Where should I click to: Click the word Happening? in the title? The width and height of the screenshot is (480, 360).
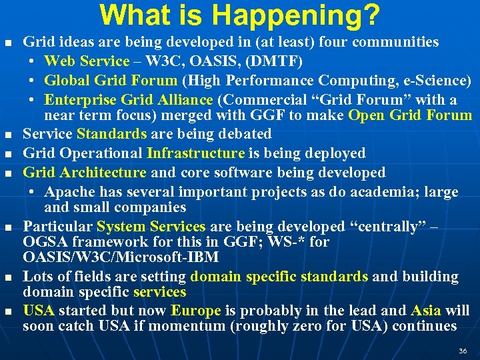305,15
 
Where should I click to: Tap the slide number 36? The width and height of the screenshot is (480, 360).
463,351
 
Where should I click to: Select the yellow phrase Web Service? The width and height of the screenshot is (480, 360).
87,61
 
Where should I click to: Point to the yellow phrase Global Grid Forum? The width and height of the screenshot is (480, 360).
111,81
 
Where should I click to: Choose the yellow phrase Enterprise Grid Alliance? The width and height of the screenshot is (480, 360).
128,100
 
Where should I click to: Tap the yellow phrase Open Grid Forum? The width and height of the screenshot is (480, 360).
410,115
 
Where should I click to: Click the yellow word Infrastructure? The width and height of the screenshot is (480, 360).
195,153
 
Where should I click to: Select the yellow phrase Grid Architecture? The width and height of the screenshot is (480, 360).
84,173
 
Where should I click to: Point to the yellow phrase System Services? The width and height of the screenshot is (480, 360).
151,227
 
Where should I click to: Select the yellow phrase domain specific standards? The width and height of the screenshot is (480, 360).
279,276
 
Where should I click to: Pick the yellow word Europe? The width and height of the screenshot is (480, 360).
195,311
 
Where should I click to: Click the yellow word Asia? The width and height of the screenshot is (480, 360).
426,311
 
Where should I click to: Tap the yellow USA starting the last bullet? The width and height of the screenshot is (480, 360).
39,311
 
